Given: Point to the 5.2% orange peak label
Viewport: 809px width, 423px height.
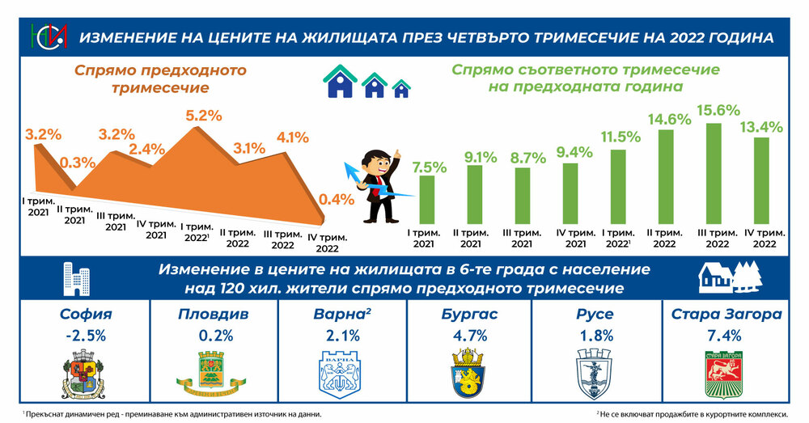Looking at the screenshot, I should (x=203, y=116).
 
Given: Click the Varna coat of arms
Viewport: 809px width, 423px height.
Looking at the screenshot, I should (x=340, y=373).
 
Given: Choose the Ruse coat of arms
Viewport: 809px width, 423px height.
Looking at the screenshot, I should (x=595, y=373).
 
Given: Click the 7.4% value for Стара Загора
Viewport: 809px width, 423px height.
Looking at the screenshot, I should (x=722, y=334).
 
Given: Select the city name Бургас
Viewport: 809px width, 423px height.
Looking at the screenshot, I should (x=468, y=314).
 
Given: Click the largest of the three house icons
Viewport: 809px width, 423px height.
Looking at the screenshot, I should (x=341, y=81).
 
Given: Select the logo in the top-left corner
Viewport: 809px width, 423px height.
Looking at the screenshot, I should (x=44, y=36).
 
